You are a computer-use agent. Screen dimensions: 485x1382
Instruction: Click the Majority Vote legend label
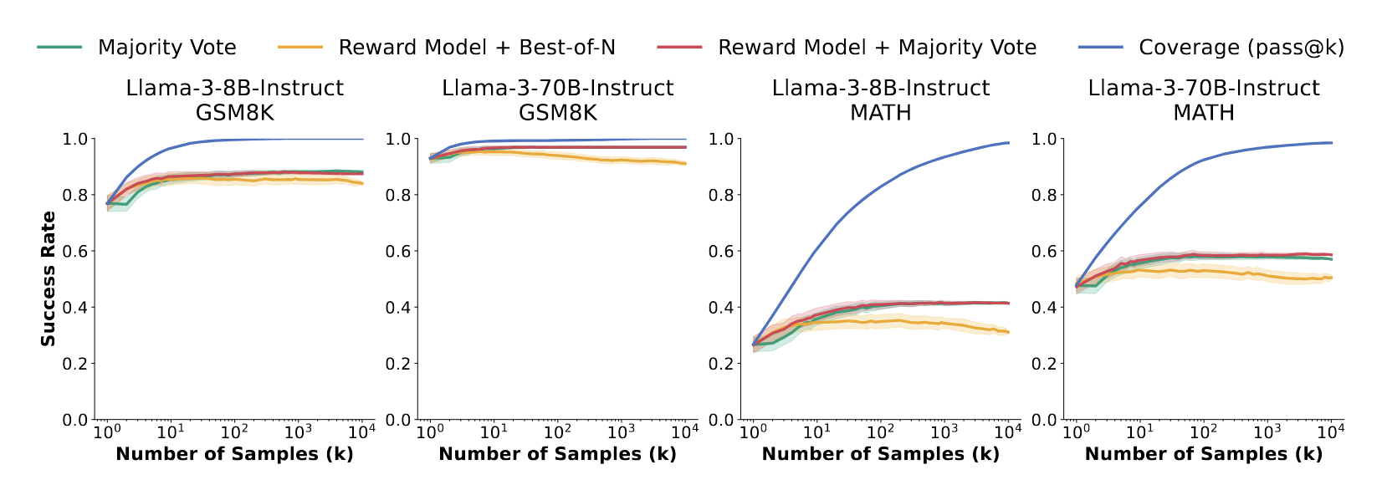point(166,48)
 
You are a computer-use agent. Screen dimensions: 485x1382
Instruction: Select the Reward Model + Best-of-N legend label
point(477,48)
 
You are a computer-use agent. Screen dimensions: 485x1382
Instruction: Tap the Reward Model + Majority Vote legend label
point(877,48)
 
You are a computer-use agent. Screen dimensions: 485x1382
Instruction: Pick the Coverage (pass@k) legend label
point(1241,48)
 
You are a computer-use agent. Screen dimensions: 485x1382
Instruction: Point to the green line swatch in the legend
point(59,48)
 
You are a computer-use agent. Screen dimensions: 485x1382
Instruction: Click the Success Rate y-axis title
point(49,278)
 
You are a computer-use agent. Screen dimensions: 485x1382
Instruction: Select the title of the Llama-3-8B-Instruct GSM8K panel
point(234,100)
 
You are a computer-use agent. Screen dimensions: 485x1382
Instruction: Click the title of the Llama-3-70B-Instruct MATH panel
point(1204,100)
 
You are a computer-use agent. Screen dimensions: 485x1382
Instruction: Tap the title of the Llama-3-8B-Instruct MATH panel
point(881,100)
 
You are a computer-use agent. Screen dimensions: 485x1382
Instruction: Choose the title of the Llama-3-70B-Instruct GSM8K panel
point(558,100)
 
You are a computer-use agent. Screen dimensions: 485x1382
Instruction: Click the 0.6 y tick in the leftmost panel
point(75,251)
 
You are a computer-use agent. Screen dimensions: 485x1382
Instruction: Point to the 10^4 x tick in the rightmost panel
point(1330,431)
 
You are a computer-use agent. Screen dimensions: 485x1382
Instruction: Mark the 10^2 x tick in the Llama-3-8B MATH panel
point(880,431)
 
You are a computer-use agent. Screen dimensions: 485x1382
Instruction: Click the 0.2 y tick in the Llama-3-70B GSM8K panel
point(398,364)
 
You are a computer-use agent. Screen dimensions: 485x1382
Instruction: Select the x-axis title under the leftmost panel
point(234,454)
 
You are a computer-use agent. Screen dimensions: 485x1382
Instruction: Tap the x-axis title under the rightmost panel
point(1204,454)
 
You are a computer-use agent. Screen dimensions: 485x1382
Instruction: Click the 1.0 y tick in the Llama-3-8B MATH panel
point(722,139)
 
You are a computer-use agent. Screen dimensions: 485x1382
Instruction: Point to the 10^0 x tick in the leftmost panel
point(107,431)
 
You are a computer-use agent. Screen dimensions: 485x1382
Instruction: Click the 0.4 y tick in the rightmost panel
point(1045,308)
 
